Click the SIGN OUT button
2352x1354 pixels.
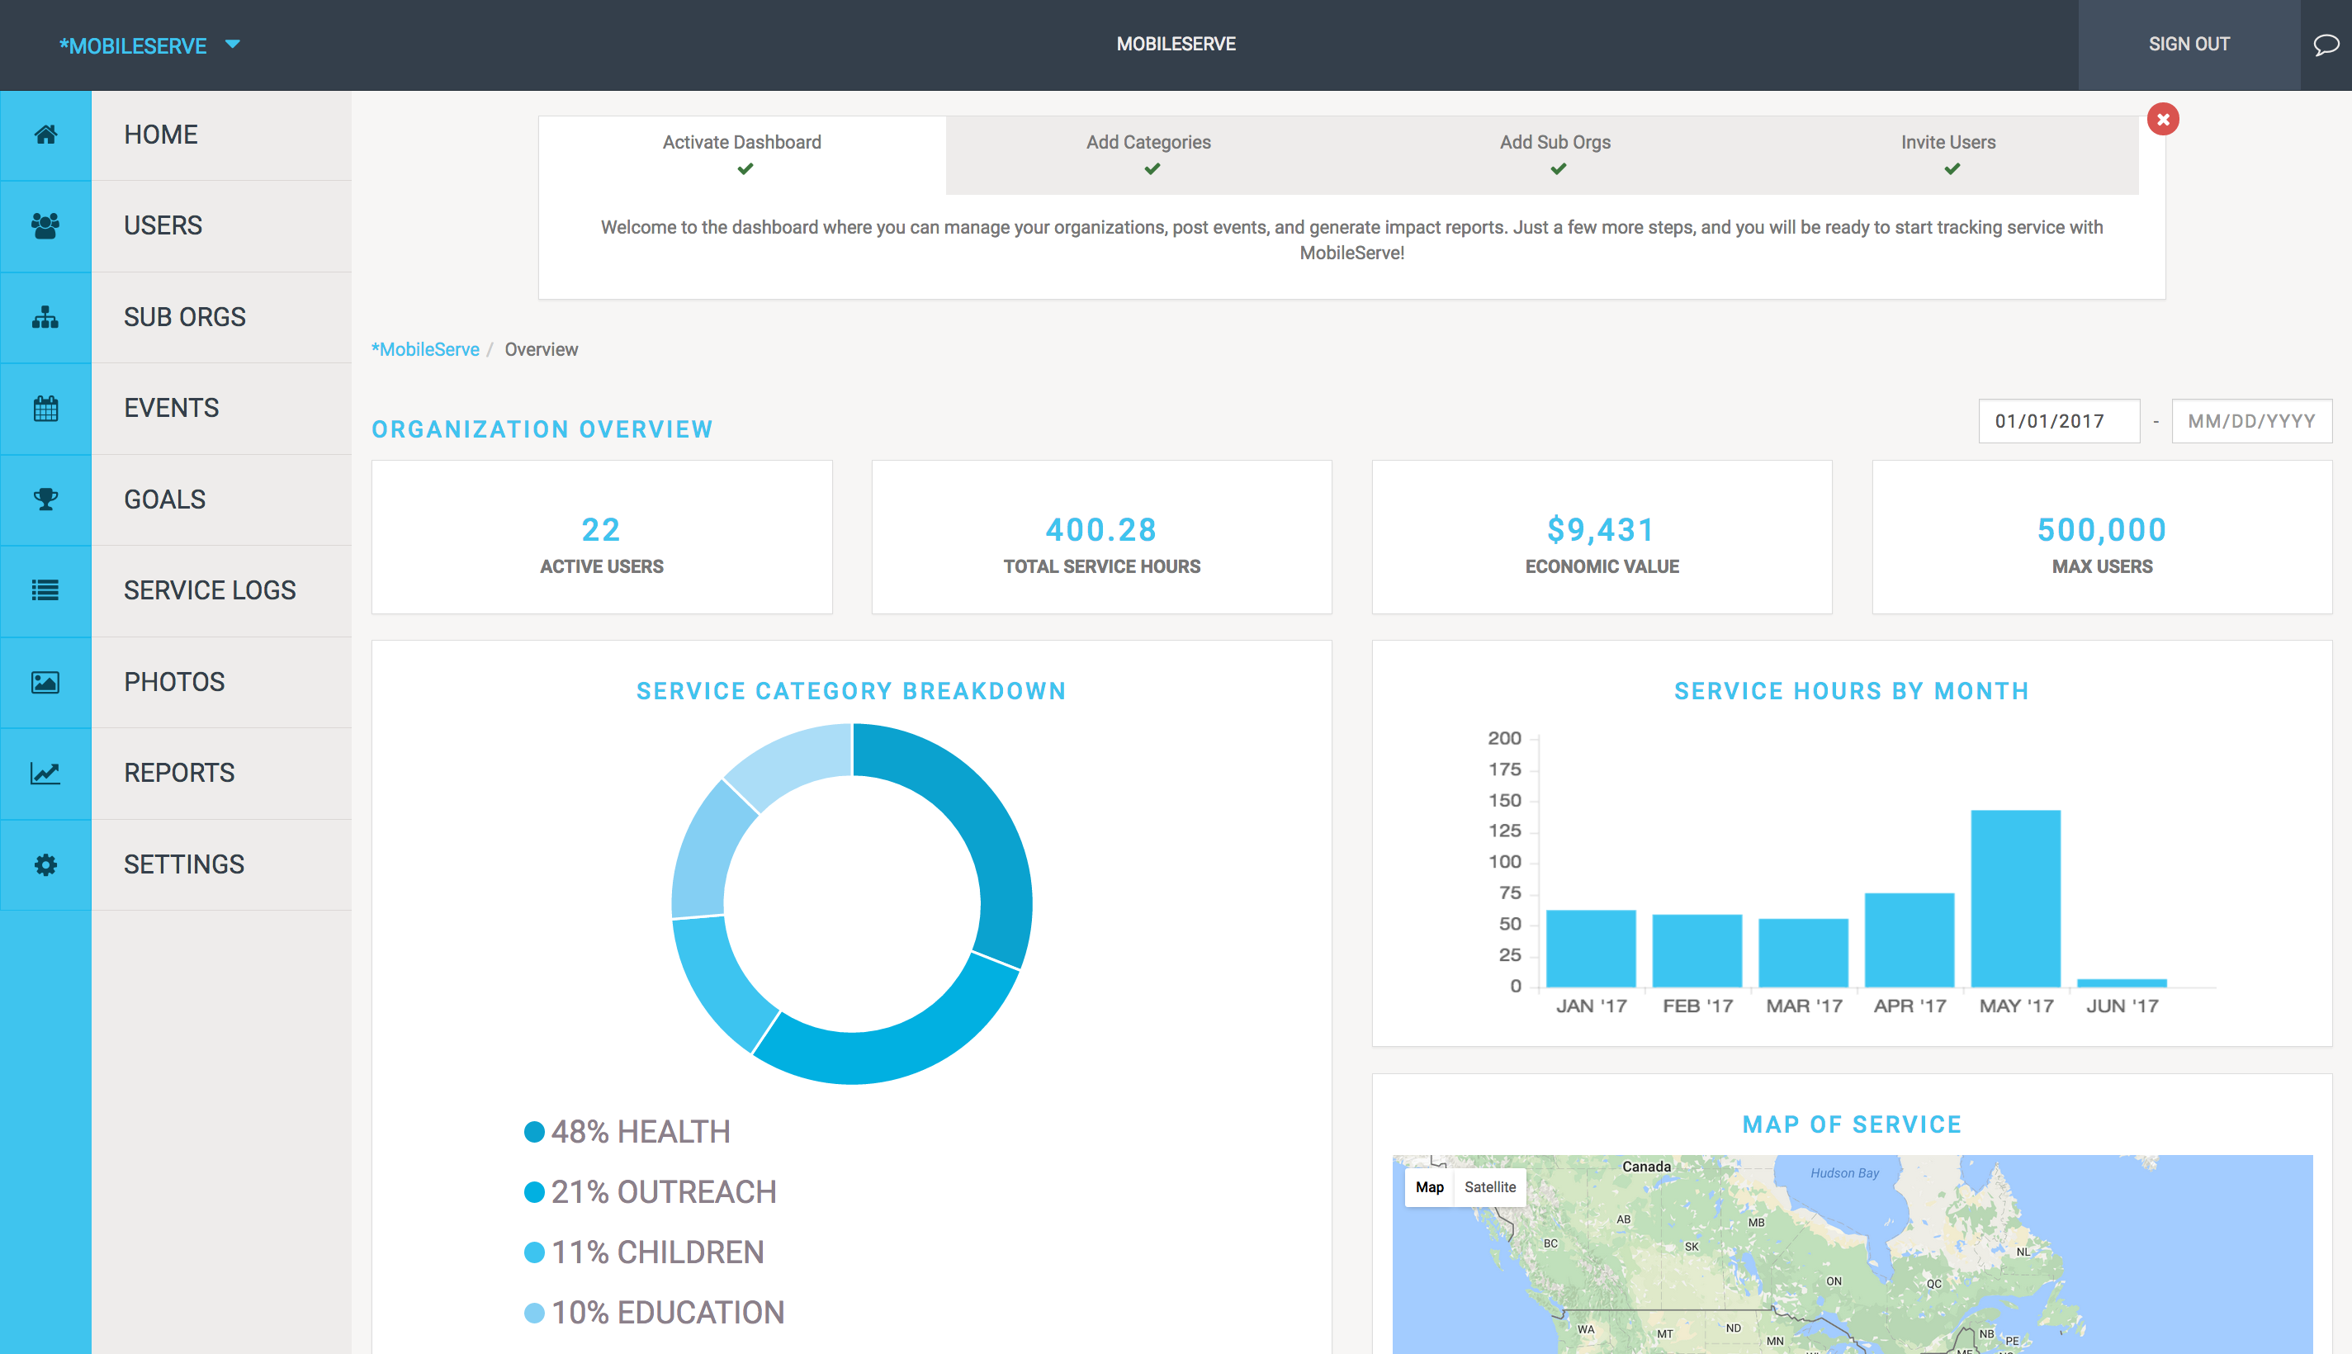coord(2189,44)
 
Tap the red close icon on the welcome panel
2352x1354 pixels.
coord(2162,119)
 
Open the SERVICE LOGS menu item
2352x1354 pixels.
coord(209,590)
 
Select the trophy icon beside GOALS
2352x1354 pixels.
coord(45,499)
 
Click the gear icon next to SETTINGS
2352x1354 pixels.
coord(45,865)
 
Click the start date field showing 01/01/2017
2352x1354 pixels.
coord(2058,421)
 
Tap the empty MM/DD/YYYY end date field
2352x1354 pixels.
coord(2250,421)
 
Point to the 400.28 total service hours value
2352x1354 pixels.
coord(1100,530)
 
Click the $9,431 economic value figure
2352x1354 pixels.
coord(1601,530)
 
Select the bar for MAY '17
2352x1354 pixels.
coord(2014,897)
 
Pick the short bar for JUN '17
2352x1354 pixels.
coord(2122,982)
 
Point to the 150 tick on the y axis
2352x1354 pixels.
coord(1504,801)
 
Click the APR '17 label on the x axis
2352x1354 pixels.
coord(1910,1006)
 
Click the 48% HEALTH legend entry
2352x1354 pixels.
coord(640,1132)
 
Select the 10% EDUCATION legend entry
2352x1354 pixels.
coord(666,1312)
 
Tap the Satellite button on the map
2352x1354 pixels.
coord(1489,1186)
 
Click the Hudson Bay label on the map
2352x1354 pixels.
coord(1844,1173)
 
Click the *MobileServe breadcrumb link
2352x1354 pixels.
coord(426,350)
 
